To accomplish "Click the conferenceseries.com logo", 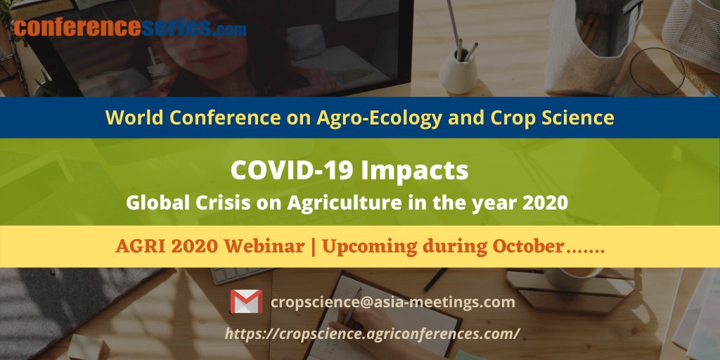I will pos(130,28).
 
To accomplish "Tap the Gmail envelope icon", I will pos(246,302).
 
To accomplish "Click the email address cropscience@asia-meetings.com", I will pos(393,302).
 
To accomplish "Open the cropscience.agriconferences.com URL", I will pos(373,334).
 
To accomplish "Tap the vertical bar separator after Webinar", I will pos(311,247).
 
